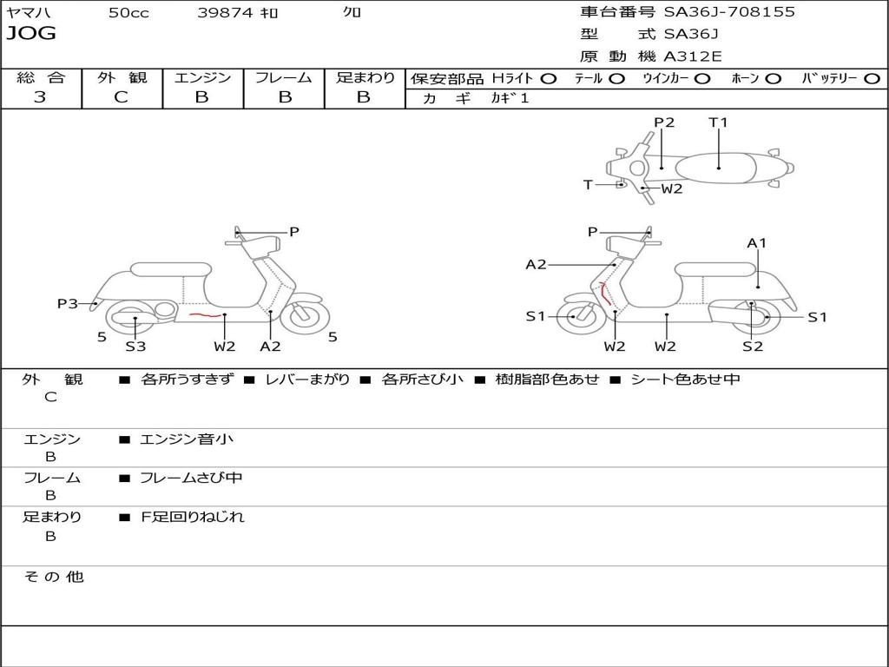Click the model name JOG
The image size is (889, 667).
pyautogui.click(x=31, y=34)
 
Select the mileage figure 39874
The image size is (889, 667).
pyautogui.click(x=225, y=13)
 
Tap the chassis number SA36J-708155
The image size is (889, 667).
pyautogui.click(x=729, y=12)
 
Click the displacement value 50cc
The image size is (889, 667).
pyautogui.click(x=128, y=13)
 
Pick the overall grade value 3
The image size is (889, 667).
pyautogui.click(x=40, y=97)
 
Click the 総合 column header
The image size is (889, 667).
pyautogui.click(x=41, y=77)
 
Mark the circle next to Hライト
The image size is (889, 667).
pyautogui.click(x=549, y=78)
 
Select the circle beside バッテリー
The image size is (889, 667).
pyautogui.click(x=872, y=78)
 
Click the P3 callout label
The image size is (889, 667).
pyautogui.click(x=68, y=303)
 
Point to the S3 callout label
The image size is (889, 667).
pyautogui.click(x=135, y=346)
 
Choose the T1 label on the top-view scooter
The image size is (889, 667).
pyautogui.click(x=718, y=122)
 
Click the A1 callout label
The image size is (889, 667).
pyautogui.click(x=757, y=243)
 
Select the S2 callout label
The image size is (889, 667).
pyautogui.click(x=752, y=346)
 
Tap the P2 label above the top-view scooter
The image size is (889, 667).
pyautogui.click(x=664, y=122)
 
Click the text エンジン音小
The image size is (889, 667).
pyautogui.click(x=187, y=439)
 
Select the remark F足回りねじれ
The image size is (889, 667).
pyautogui.click(x=193, y=517)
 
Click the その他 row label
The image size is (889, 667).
pyautogui.click(x=54, y=577)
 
